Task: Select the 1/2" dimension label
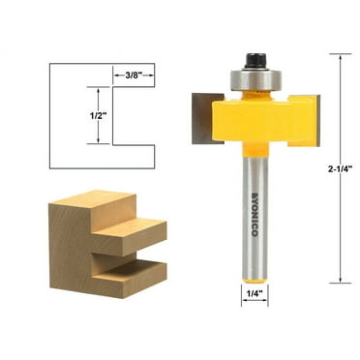[86, 115]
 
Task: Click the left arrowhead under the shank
[243, 300]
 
